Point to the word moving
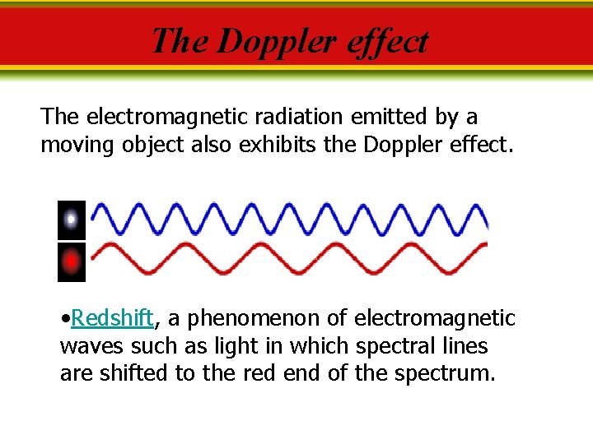[x=78, y=146]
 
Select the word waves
[x=87, y=346]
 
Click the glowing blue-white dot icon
[x=72, y=220]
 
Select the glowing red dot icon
[x=72, y=262]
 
